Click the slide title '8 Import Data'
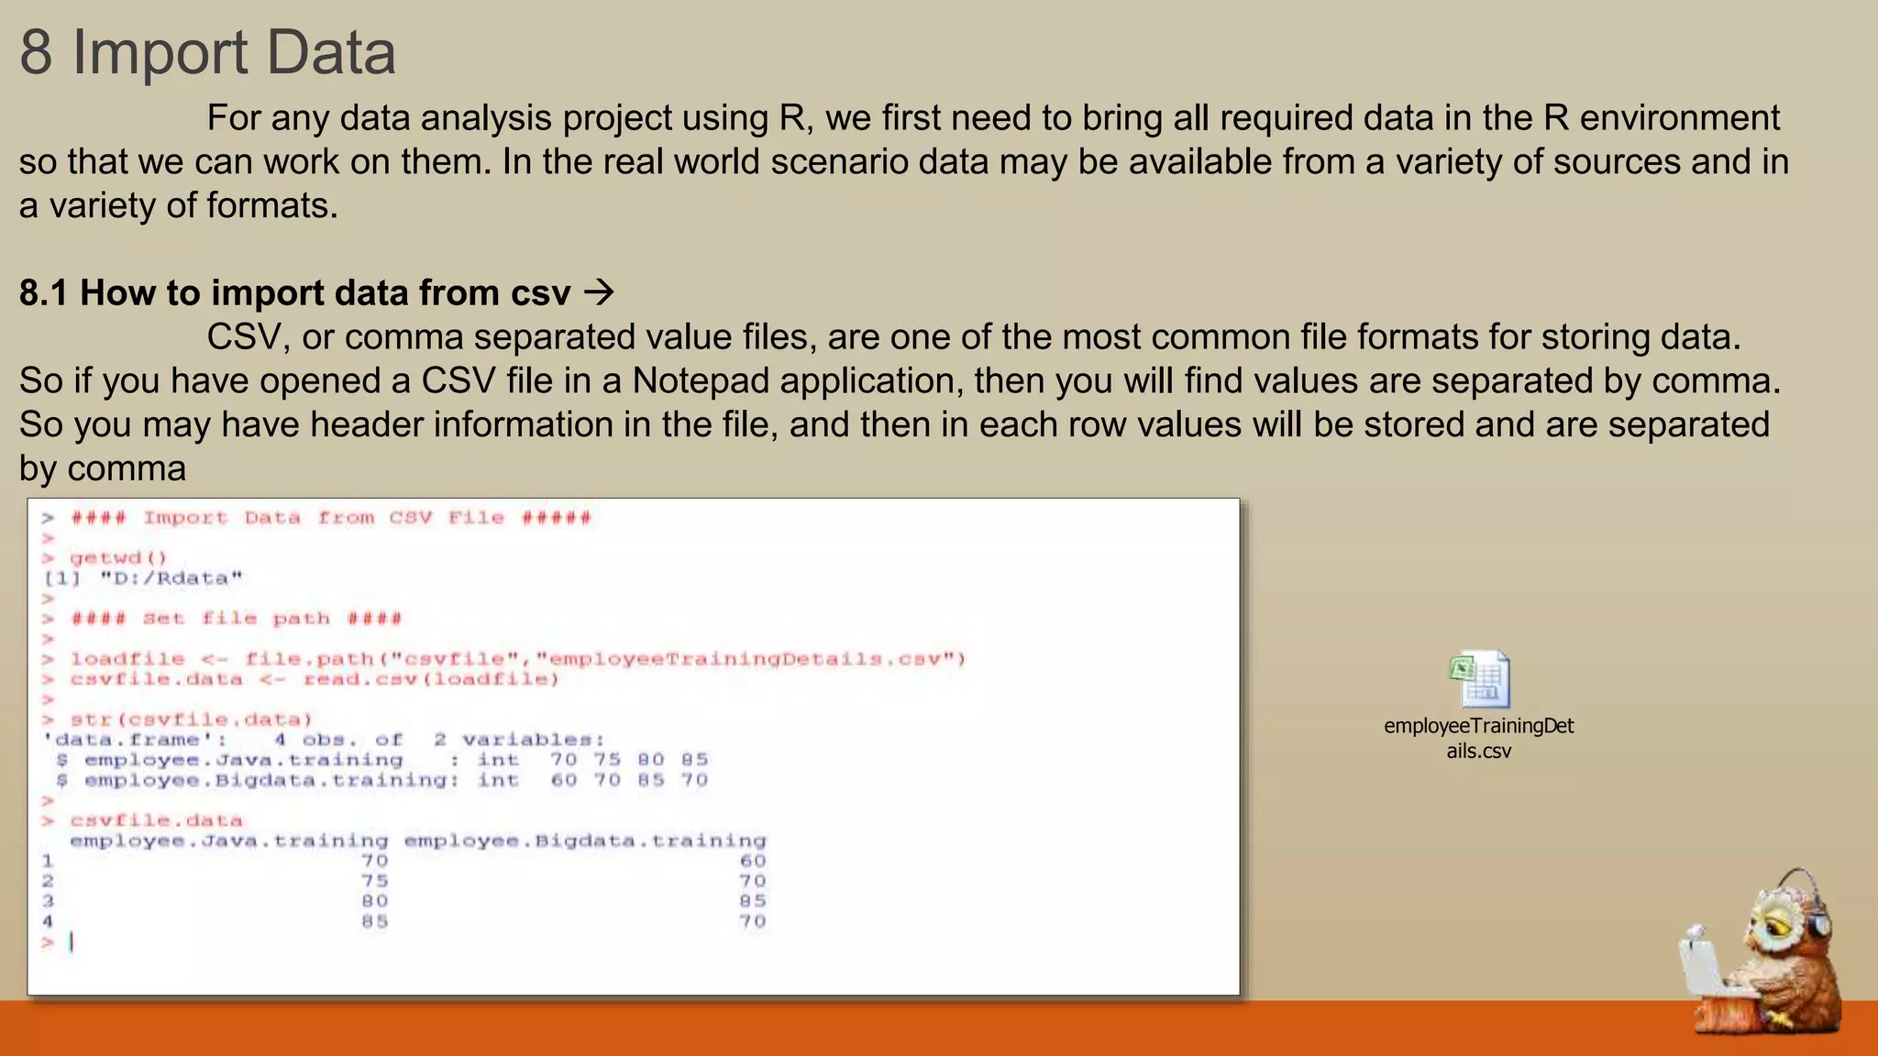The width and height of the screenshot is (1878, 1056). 207,52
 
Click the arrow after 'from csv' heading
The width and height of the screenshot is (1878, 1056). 599,293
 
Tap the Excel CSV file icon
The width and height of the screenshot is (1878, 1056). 1478,678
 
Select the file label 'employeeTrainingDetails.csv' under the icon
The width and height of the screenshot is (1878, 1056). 1478,738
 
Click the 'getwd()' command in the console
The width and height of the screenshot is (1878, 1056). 118,557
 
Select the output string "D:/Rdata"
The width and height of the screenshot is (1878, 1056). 171,578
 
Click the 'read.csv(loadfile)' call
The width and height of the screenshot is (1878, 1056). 431,679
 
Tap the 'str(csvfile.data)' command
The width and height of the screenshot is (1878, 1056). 191,720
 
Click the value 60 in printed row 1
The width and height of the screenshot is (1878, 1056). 752,861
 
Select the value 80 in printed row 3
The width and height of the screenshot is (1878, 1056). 374,901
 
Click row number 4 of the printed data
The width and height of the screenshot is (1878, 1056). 48,921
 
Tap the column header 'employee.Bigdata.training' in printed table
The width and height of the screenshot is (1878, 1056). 584,841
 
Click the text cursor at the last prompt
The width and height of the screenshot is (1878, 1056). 72,941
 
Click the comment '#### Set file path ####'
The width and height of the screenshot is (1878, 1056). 236,619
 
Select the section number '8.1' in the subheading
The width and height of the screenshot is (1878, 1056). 43,293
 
